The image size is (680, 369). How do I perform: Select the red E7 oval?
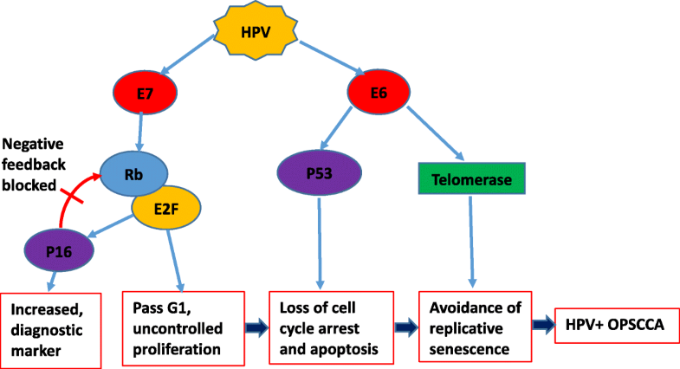(146, 89)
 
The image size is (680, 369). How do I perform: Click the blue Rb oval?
(133, 172)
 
